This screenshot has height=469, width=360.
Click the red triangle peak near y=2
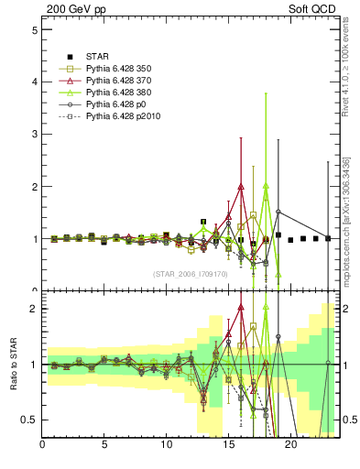[241, 186]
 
